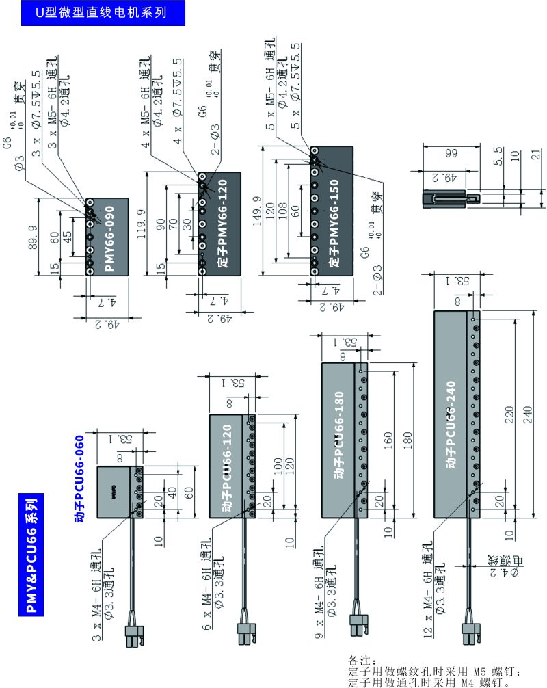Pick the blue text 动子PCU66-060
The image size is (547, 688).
point(79,479)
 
